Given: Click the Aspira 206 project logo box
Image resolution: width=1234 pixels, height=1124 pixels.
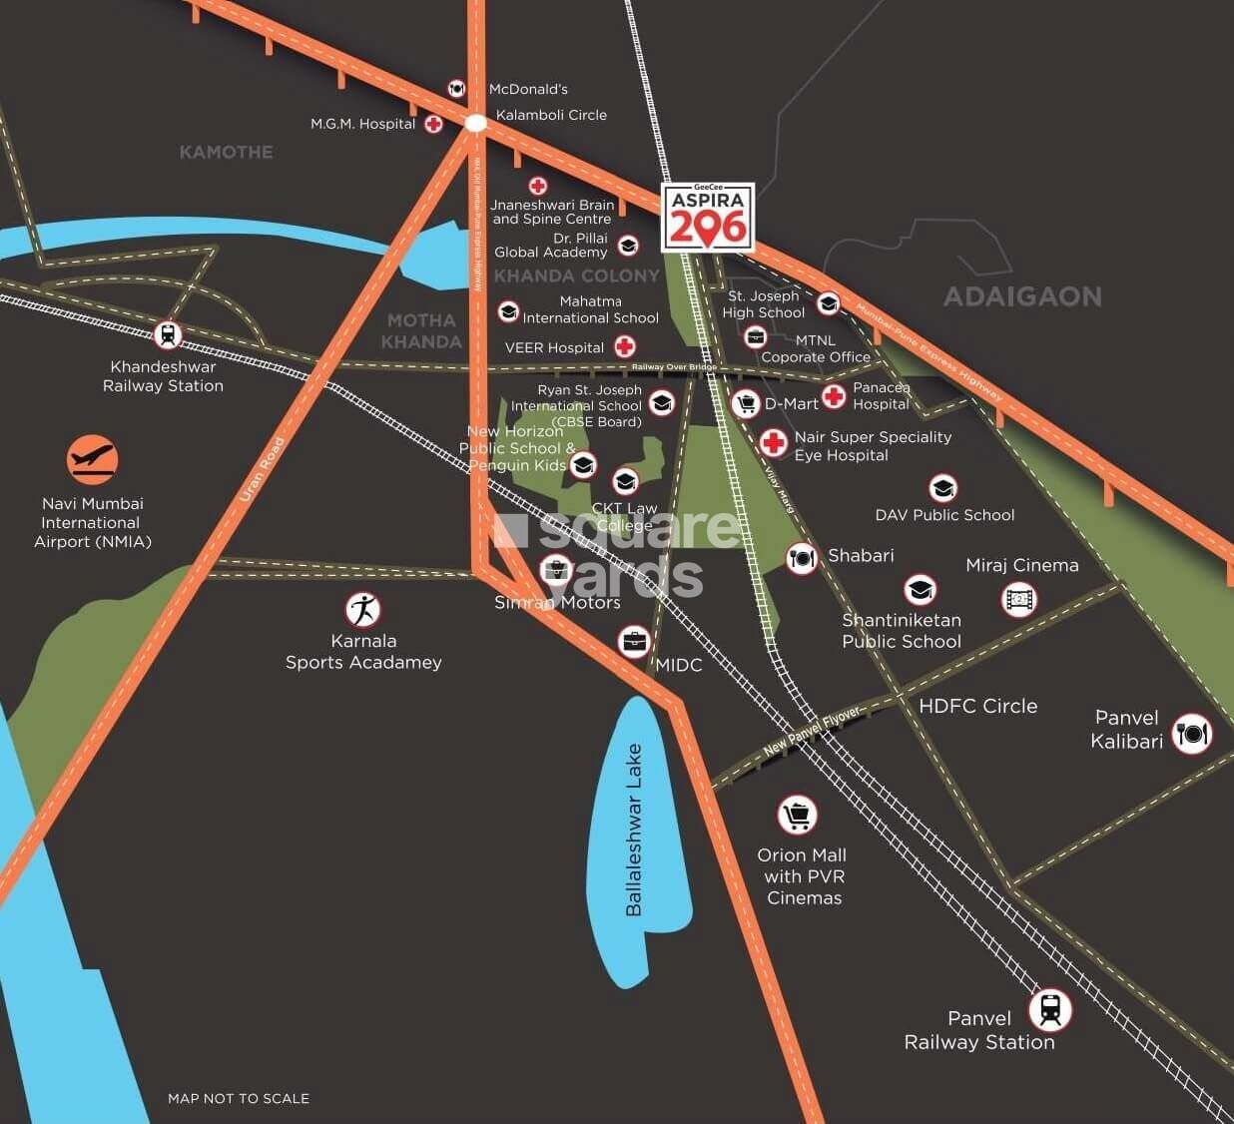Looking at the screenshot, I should tap(708, 217).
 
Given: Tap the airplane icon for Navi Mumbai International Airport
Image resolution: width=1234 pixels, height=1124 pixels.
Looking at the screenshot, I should tap(93, 460).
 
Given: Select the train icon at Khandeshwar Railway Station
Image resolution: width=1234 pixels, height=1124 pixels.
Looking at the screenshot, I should tap(168, 334).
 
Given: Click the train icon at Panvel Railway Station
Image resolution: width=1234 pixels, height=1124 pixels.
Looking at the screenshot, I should tap(1049, 1009).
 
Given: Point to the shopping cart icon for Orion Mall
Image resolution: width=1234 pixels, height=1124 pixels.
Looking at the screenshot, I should tap(797, 816).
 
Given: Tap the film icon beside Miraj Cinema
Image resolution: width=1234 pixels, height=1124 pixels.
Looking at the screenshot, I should tap(1018, 600).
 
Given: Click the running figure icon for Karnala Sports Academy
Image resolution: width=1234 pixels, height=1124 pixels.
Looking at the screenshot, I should tap(362, 609).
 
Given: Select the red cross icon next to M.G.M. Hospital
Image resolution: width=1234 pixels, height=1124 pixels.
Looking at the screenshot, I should tap(433, 124).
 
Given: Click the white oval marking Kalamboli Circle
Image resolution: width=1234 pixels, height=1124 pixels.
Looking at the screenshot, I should tap(476, 123).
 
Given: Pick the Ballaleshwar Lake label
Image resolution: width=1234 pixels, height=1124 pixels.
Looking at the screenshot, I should tap(634, 830).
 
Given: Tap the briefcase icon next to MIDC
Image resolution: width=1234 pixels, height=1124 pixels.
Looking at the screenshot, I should tap(635, 642).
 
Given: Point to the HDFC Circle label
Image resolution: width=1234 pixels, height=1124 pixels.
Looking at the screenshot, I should tap(977, 706).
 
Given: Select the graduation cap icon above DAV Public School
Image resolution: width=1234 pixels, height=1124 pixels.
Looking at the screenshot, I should tap(942, 488).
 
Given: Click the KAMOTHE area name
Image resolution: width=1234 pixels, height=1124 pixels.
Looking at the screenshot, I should tap(226, 152).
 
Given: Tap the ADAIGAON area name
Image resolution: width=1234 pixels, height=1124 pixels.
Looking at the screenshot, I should tap(1022, 296).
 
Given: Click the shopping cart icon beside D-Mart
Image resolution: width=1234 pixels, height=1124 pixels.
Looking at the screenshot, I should tap(746, 403).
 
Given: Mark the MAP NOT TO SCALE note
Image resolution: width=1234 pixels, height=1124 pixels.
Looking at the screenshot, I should tap(239, 1098).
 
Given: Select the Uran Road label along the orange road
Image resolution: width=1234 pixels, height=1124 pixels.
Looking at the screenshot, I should tap(263, 483).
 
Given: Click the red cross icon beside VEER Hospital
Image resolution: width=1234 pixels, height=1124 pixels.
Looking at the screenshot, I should tap(625, 346).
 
